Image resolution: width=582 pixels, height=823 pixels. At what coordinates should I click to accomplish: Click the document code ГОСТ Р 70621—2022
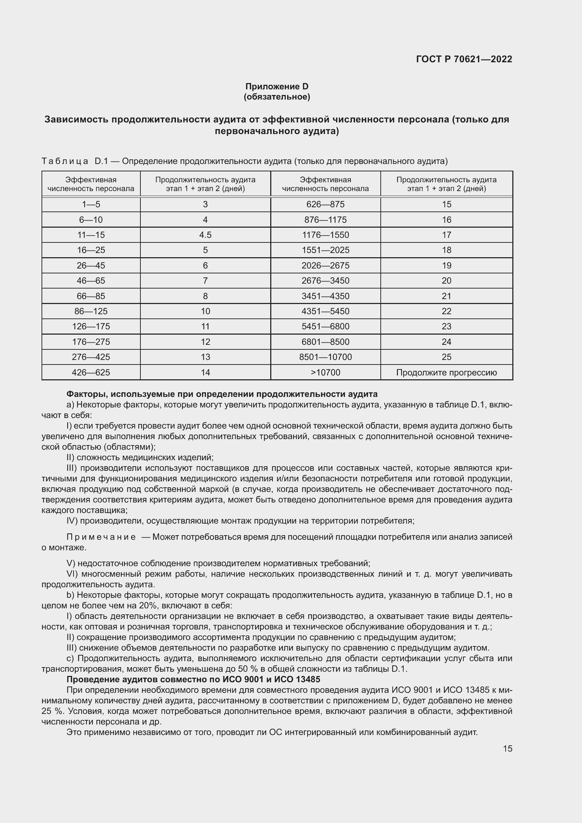[464, 59]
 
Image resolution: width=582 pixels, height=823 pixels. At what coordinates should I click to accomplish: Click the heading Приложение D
[277, 87]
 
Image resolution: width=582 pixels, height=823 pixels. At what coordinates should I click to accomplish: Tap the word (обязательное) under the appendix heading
[277, 97]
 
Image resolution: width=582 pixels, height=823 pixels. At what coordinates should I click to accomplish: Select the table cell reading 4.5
[205, 235]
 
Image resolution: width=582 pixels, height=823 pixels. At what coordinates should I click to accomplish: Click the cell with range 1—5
[91, 204]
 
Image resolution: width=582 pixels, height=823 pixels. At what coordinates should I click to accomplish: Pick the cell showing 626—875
[325, 204]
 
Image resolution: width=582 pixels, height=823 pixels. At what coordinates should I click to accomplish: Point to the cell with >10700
[325, 372]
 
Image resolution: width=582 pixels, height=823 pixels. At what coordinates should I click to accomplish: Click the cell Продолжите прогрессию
[447, 372]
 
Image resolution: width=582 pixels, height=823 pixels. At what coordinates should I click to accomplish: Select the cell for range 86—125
[91, 311]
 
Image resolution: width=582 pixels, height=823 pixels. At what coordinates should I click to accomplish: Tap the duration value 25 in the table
[447, 357]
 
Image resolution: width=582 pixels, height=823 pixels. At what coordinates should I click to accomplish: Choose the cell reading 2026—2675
[325, 266]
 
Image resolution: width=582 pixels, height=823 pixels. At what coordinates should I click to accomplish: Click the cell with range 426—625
[91, 372]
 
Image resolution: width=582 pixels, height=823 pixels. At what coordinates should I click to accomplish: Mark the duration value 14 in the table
[205, 372]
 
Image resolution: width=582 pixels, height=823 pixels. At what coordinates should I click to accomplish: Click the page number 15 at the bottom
[507, 748]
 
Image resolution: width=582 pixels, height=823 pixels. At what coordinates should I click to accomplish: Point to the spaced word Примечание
[101, 537]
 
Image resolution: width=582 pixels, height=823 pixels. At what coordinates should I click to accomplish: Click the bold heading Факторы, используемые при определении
[222, 394]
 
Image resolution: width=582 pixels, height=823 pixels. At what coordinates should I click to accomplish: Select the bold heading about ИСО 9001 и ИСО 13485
[194, 679]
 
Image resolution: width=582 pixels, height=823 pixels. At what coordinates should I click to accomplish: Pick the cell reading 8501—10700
[325, 357]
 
